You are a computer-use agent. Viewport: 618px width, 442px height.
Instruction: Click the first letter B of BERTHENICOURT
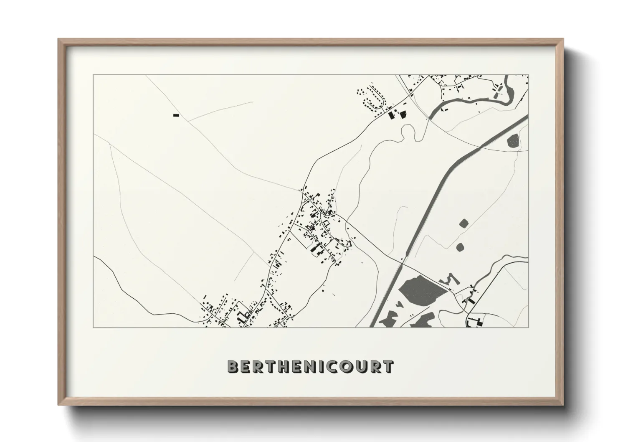(x=233, y=366)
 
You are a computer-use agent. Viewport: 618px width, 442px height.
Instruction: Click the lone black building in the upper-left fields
(x=176, y=115)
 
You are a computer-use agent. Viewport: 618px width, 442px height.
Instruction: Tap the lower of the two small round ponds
(x=461, y=247)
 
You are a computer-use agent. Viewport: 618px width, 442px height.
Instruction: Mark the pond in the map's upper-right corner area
(x=513, y=140)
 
